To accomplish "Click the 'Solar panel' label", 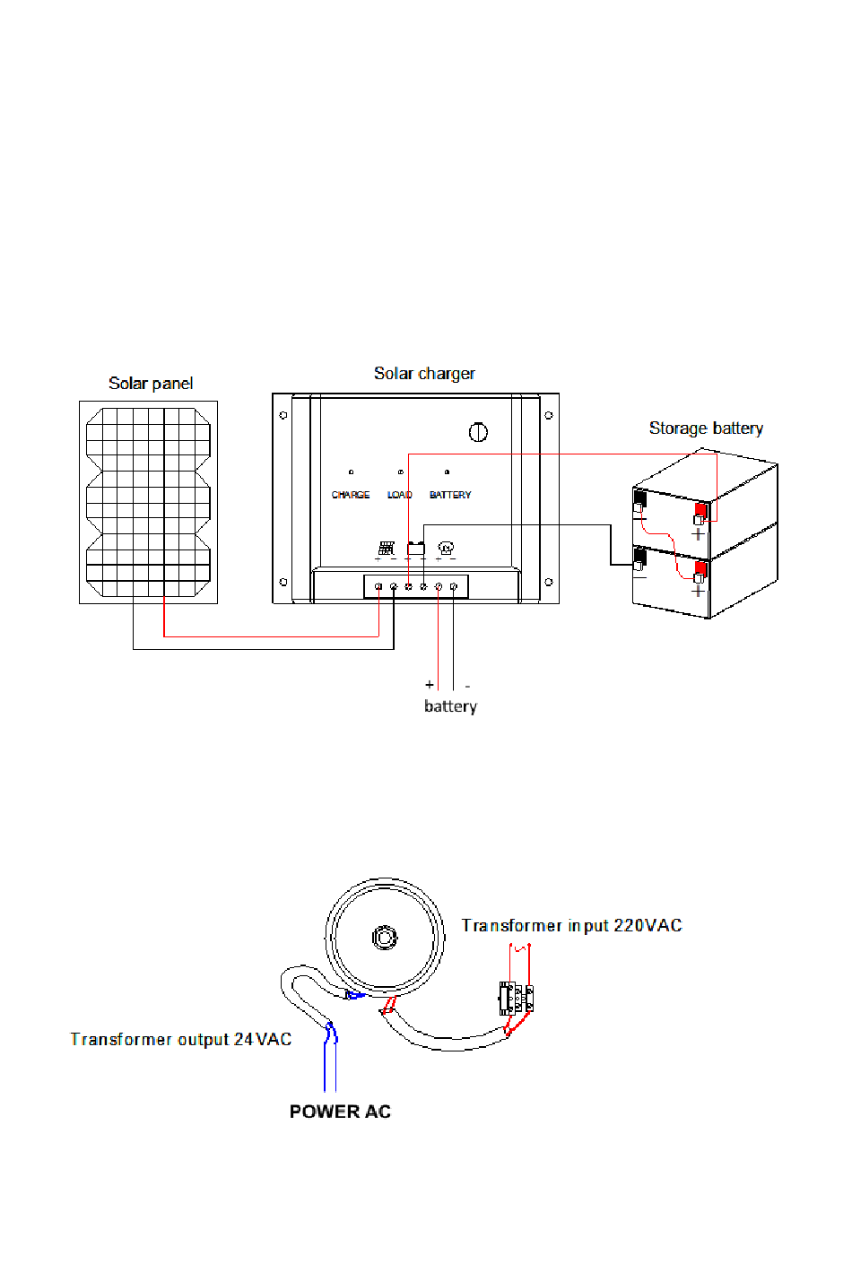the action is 151,384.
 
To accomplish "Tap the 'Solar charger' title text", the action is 424,374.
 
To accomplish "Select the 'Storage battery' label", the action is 706,428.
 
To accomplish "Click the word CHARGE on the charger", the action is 351,495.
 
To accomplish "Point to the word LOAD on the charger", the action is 399,495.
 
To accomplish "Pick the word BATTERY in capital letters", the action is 450,495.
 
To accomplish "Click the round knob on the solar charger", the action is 478,432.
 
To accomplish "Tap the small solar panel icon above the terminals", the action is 387,548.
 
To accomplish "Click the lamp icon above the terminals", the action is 446,548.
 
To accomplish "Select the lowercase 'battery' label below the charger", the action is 450,706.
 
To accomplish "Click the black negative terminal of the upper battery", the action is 639,499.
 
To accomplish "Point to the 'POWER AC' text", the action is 340,1112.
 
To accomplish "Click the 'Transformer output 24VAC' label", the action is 180,1039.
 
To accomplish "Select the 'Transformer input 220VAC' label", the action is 571,925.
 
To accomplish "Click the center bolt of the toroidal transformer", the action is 385,938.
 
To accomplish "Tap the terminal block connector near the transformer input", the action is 517,999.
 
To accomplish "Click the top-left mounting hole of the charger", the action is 283,415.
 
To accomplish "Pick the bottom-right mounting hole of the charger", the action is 549,582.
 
